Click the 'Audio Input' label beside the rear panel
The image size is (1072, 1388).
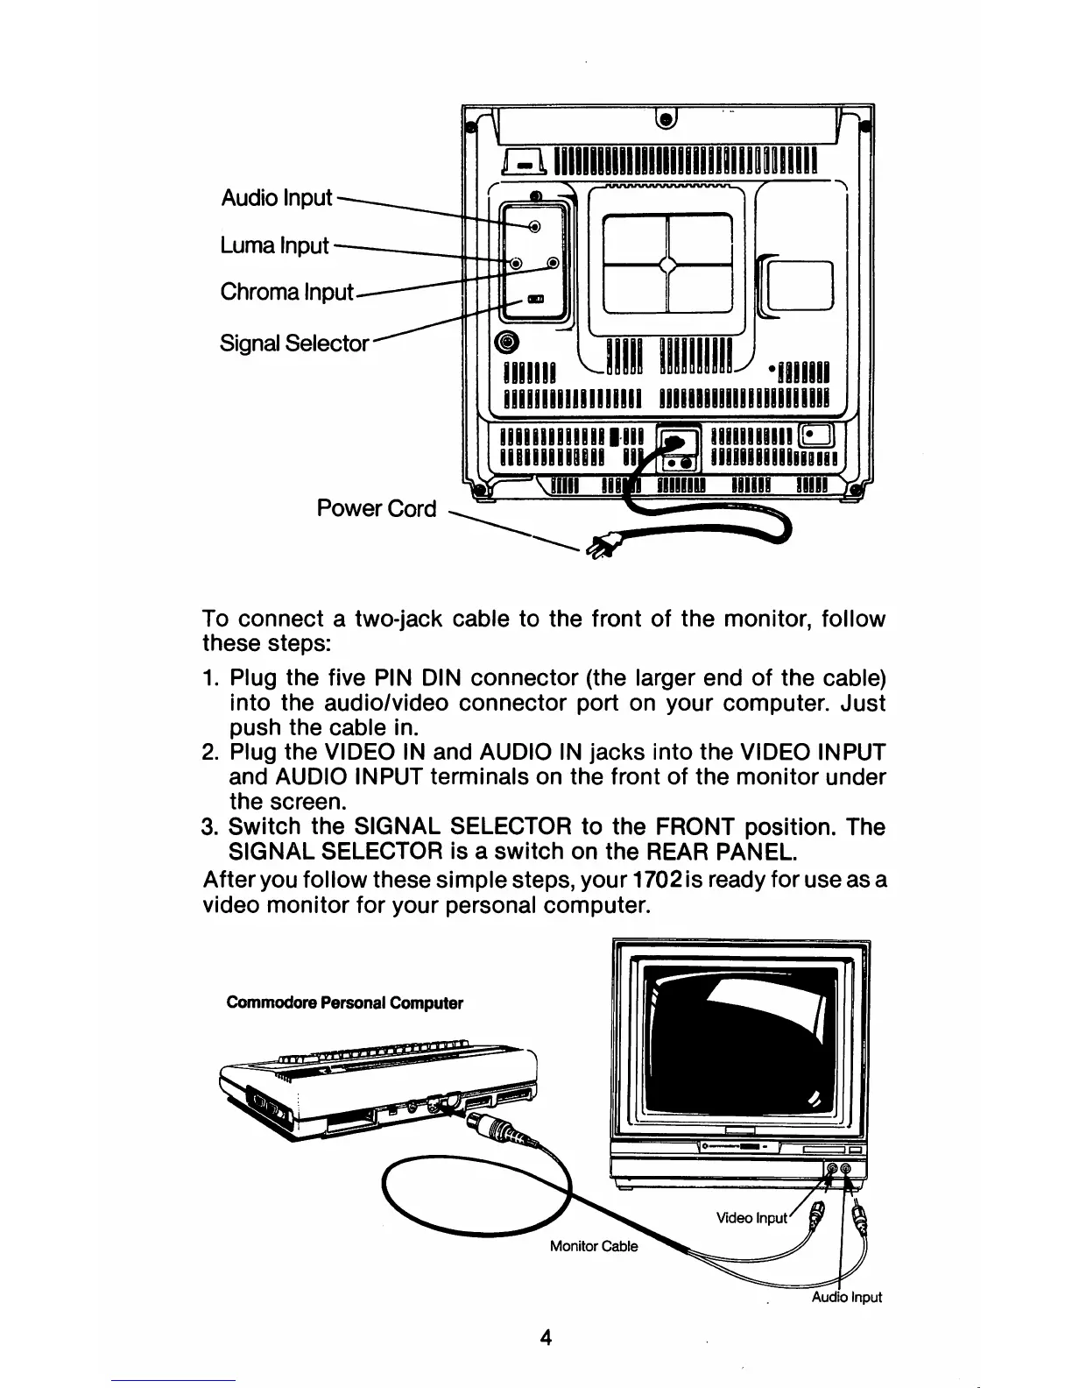coord(276,198)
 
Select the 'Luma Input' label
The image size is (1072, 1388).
coord(274,246)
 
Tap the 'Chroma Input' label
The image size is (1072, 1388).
coord(286,292)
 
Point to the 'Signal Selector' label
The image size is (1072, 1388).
coord(294,343)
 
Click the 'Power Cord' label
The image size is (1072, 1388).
coord(377,508)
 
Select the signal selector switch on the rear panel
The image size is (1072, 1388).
coord(535,300)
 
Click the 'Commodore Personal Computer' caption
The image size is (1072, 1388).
coord(344,1002)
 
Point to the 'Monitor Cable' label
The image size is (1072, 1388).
coord(594,1246)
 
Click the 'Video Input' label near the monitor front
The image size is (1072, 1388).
coord(751,1218)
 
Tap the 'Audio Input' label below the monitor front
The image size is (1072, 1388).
coord(845,1297)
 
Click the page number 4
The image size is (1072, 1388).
coord(546,1338)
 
